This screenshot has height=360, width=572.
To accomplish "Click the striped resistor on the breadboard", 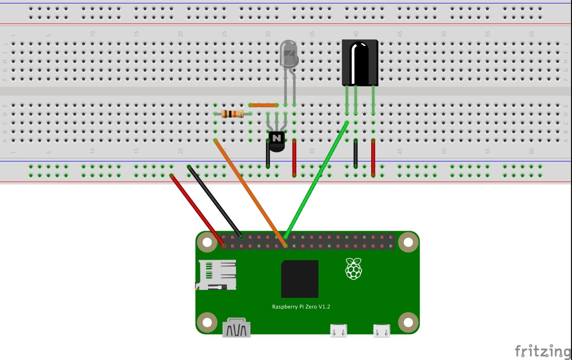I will pos(232,114).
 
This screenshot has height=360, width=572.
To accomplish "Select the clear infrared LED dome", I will pos(289,54).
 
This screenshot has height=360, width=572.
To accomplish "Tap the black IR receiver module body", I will pos(360,62).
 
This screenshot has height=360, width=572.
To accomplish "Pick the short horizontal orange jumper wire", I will pos(264,105).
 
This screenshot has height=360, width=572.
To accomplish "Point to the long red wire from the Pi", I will pos(197,211).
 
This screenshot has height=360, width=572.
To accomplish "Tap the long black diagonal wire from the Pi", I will pos(215,202).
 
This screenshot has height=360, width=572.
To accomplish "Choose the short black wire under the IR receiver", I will pos(356,154).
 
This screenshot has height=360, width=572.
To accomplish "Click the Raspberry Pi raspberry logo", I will pos(353,268).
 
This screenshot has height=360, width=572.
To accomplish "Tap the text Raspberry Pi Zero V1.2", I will pos(301,307).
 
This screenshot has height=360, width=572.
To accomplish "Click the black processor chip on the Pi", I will pos(299,279).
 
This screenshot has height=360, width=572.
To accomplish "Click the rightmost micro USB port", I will pos(382,331).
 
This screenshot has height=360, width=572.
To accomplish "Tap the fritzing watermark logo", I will pos(542,351).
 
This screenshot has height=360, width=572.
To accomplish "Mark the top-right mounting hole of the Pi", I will pos(408,242).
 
